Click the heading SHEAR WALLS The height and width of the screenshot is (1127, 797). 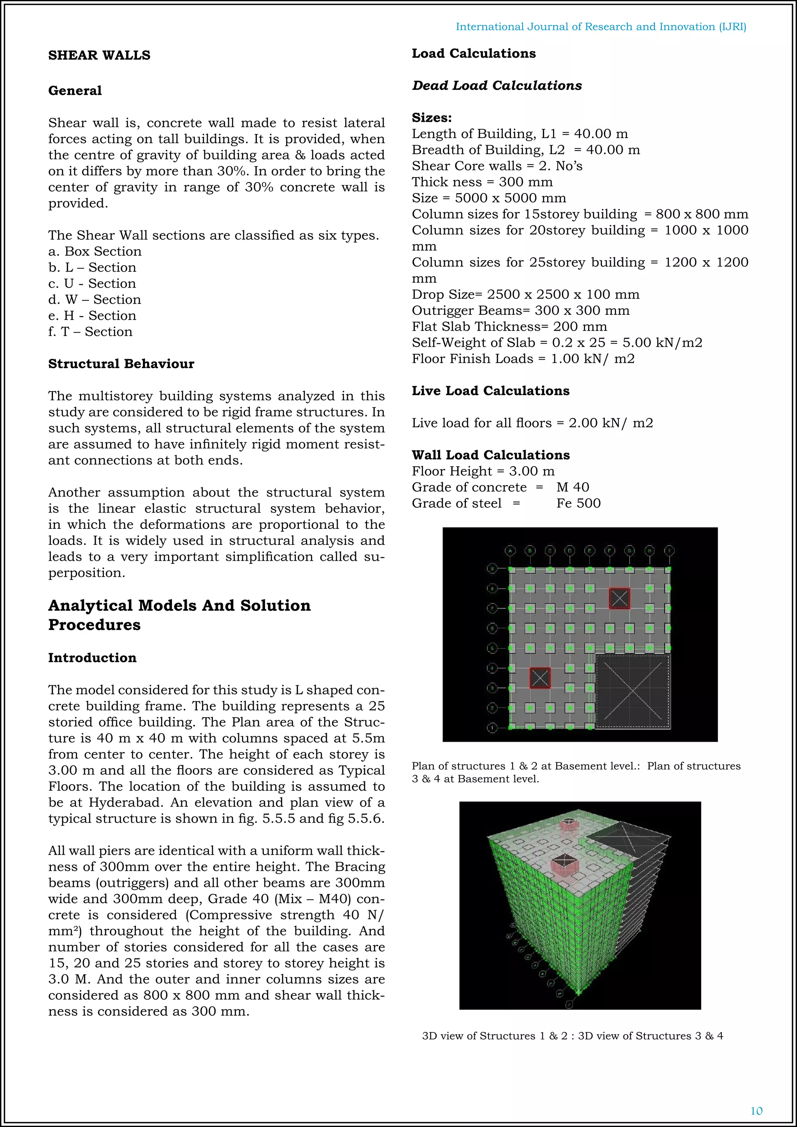99,55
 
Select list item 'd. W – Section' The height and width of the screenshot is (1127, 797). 94,299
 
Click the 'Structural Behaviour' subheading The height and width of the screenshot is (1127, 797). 121,364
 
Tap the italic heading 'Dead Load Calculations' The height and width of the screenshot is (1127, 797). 497,85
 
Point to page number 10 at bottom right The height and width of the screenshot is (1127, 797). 756,1111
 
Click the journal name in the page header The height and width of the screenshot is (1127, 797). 601,26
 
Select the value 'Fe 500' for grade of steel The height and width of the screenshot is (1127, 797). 578,503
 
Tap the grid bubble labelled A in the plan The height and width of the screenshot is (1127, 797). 511,550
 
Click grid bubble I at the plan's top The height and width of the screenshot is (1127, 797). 669,550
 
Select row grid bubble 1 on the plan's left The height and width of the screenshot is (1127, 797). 492,728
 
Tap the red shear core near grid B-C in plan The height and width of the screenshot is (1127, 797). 540,678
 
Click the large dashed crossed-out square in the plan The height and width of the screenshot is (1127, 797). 633,691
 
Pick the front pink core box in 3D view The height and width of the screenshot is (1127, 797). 564,866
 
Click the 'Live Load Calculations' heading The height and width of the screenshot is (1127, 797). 490,391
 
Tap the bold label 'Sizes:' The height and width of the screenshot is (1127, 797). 431,118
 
